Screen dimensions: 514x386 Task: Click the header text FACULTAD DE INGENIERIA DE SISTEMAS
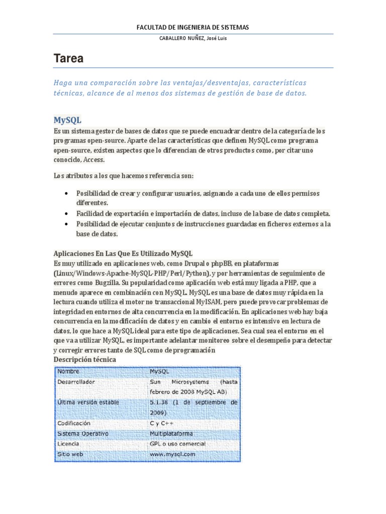pyautogui.click(x=193, y=27)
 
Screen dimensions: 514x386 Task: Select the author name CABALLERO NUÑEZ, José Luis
pyautogui.click(x=192, y=39)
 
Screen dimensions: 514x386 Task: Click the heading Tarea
pyautogui.click(x=68, y=59)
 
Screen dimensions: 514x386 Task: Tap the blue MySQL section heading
pyautogui.click(x=67, y=120)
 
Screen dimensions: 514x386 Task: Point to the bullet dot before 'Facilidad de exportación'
pyautogui.click(x=67, y=213)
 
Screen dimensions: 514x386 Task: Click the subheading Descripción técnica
pyautogui.click(x=84, y=359)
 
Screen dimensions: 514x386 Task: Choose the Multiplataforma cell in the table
pyautogui.click(x=171, y=434)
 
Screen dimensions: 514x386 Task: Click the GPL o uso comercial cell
pyautogui.click(x=177, y=444)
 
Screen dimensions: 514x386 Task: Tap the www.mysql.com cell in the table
pyautogui.click(x=172, y=455)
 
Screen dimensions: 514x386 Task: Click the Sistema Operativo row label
pyautogui.click(x=82, y=434)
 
